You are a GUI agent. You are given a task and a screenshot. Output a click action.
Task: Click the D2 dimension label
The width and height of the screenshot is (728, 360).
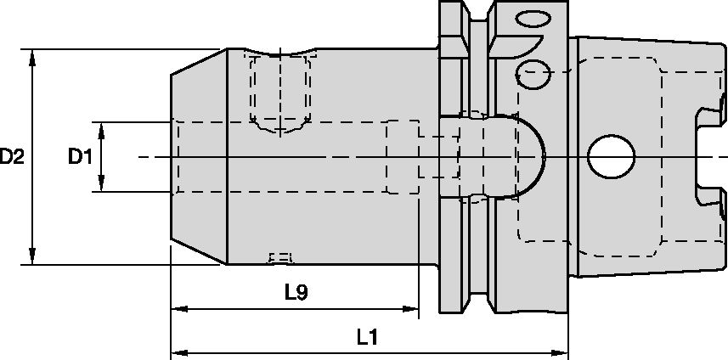pos(11,157)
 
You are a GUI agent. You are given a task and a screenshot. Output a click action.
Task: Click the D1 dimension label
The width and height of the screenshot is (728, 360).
pos(80,157)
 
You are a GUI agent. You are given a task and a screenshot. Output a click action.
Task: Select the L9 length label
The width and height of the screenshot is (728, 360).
pos(295,293)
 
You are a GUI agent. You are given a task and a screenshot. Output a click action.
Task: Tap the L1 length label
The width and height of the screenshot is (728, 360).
pos(367,338)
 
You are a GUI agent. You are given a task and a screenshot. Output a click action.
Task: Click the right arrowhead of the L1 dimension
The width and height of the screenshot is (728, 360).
pos(562,352)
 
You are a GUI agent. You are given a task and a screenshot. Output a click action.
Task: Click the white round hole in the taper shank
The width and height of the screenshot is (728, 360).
pos(611,157)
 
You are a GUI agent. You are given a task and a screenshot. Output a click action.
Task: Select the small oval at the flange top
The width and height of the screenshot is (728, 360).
pos(534,19)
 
